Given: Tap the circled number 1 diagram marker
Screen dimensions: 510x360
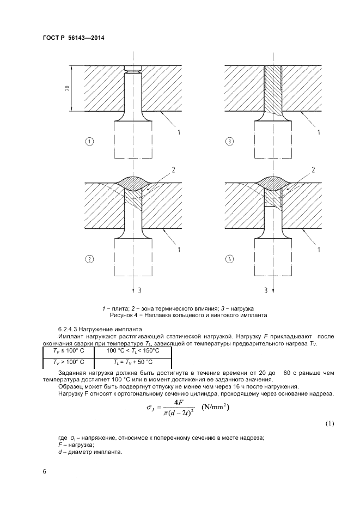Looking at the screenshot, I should tap(90, 142).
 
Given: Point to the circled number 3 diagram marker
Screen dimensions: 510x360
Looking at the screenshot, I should tap(230, 142).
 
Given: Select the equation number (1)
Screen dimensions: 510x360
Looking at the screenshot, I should tap(330, 423).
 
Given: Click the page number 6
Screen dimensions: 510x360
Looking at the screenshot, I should tap(45, 472).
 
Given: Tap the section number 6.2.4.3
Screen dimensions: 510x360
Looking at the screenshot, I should tap(69, 329).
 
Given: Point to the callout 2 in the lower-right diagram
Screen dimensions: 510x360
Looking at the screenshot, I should tap(314, 171).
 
